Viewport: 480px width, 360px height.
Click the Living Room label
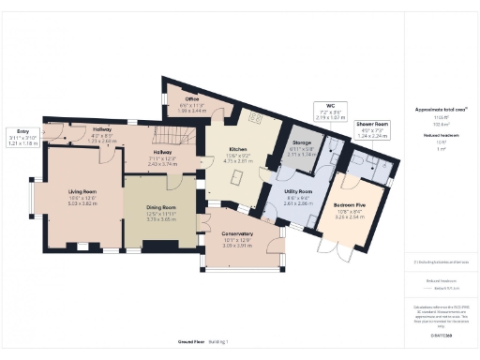pos(82,191)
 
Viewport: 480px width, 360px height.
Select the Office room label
pos(191,98)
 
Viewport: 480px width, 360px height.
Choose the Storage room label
pos(302,142)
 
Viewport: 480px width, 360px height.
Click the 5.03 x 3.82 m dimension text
pos(82,202)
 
